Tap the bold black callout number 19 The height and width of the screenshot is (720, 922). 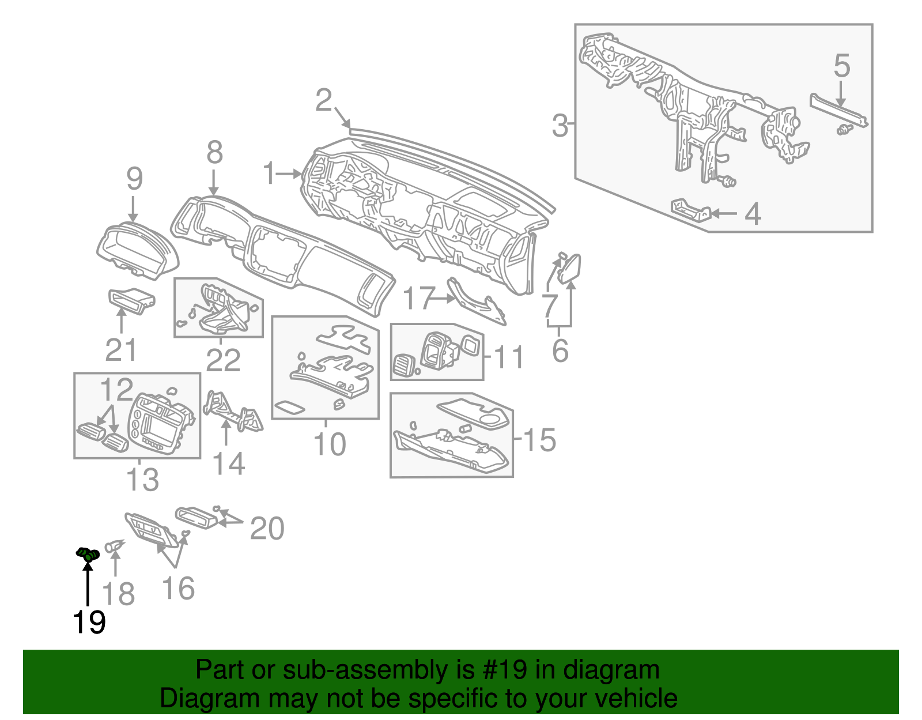point(89,623)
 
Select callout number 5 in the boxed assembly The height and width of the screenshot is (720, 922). point(841,66)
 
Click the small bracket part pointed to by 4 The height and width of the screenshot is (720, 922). point(690,210)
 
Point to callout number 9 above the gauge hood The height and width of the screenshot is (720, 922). point(134,179)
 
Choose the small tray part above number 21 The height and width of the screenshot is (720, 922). point(131,300)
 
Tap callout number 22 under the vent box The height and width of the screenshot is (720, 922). point(223,361)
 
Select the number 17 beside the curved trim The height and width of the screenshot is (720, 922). point(418,299)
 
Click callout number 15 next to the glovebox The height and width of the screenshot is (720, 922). point(539,440)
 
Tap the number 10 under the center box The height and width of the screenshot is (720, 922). point(329,444)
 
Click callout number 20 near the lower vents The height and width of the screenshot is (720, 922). point(267,529)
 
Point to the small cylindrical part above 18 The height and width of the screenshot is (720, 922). point(114,545)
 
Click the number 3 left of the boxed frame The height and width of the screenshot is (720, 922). point(559,125)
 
